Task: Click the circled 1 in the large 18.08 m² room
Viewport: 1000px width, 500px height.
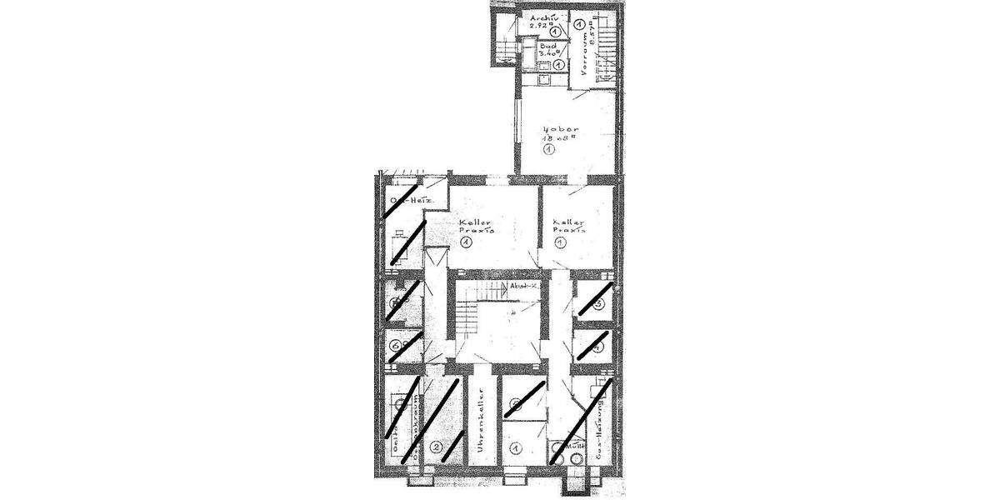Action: (549, 150)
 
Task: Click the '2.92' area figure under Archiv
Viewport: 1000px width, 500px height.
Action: (540, 27)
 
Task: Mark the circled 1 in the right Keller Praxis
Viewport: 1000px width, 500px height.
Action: (561, 242)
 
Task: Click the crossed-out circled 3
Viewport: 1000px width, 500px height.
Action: (597, 305)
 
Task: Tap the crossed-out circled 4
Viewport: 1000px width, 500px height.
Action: (597, 347)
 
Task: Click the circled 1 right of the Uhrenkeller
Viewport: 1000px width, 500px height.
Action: (516, 448)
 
